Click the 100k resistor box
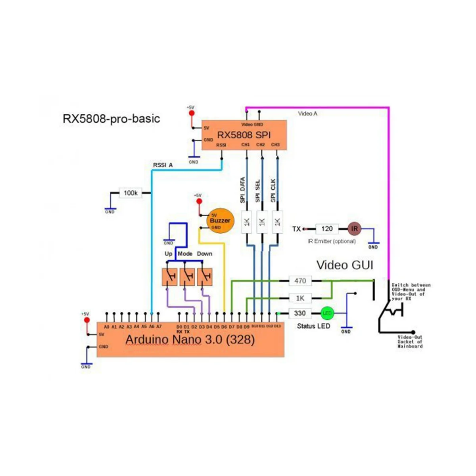coord(131,193)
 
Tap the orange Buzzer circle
coord(220,221)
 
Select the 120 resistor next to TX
coord(327,229)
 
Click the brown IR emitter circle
coord(355,229)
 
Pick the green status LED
coord(327,313)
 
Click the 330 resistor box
coord(300,313)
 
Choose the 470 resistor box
coord(300,281)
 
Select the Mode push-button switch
coord(187,277)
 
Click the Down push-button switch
coord(205,277)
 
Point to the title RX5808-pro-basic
coord(111,119)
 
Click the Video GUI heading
coord(345,265)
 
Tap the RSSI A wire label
coord(163,165)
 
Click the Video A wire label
coord(308,114)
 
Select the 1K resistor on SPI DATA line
coord(247,222)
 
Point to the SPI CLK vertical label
coord(273,191)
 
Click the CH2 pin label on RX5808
coord(260,145)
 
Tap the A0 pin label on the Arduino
coord(106,327)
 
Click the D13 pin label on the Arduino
coord(277,326)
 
